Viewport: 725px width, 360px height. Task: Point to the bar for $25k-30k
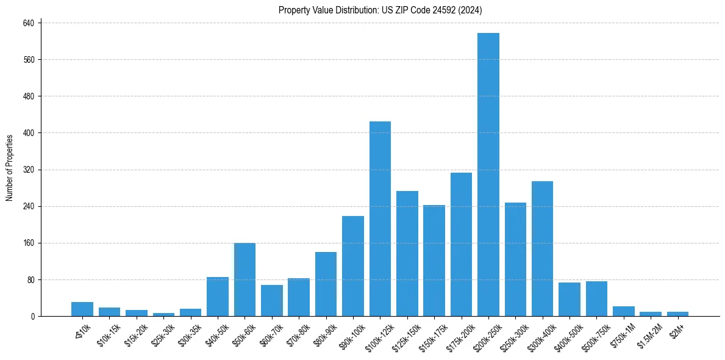[x=163, y=314]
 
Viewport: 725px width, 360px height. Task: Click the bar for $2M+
[x=677, y=314]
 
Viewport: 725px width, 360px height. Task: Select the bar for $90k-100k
[x=353, y=266]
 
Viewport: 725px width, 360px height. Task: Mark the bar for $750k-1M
[x=623, y=311]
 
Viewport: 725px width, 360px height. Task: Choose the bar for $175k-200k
[x=461, y=244]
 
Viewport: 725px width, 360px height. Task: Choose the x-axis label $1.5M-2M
[x=649, y=334]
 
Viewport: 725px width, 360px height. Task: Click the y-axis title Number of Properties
[x=10, y=168]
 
